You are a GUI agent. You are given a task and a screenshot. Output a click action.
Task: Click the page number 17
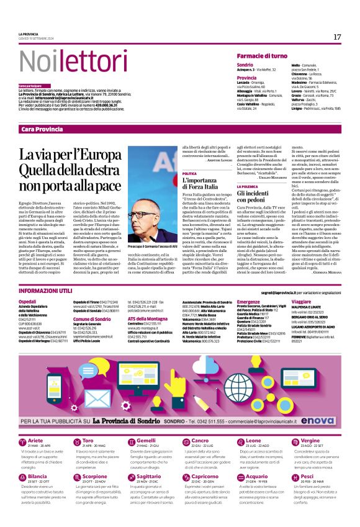pos(337,37)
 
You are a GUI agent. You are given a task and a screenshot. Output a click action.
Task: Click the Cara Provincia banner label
pos(42,128)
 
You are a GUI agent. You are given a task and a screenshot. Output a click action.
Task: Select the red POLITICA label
pos(189,173)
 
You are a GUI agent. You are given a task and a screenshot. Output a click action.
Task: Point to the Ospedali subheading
pos(28,301)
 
